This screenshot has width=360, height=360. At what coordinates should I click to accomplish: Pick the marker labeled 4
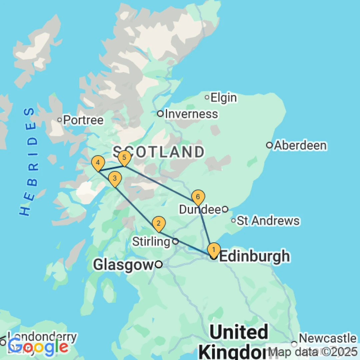pyautogui.click(x=98, y=163)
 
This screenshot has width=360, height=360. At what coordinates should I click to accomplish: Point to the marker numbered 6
pyautogui.click(x=198, y=197)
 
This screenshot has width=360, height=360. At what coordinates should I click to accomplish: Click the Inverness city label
pyautogui.click(x=191, y=114)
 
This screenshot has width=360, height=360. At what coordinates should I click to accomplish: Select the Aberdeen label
pyautogui.click(x=300, y=145)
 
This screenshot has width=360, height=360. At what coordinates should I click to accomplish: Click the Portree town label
pyautogui.click(x=83, y=120)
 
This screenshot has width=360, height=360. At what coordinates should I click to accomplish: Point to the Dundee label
pyautogui.click(x=200, y=209)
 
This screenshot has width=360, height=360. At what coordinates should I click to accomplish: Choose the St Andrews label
pyautogui.click(x=268, y=221)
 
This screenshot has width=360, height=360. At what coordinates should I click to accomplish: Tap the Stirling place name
pyautogui.click(x=151, y=241)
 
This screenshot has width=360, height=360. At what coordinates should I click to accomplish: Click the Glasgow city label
pyautogui.click(x=124, y=265)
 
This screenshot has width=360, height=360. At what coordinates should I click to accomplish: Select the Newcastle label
pyautogui.click(x=328, y=338)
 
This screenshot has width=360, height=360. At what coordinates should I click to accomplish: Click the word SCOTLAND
pyautogui.click(x=158, y=152)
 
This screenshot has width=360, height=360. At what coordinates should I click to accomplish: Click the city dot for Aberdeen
pyautogui.click(x=269, y=145)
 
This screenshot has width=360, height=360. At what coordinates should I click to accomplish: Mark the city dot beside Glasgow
pyautogui.click(x=159, y=265)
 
